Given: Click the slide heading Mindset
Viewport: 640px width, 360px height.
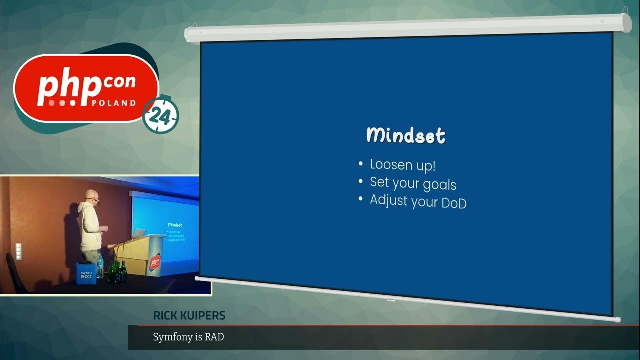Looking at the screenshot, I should pyautogui.click(x=406, y=135).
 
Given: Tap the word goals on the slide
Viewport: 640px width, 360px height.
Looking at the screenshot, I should pyautogui.click(x=439, y=184).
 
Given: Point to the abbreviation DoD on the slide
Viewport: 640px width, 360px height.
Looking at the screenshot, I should pyautogui.click(x=454, y=203).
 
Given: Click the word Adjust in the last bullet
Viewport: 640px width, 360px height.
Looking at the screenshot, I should pyautogui.click(x=388, y=200).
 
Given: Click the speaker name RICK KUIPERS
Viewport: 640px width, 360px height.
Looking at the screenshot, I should pyautogui.click(x=189, y=316).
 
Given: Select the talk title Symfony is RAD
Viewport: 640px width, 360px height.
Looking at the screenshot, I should pyautogui.click(x=188, y=337).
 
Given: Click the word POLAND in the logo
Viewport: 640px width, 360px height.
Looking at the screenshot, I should pyautogui.click(x=114, y=103).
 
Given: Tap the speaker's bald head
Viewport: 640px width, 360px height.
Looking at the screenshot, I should pyautogui.click(x=90, y=196).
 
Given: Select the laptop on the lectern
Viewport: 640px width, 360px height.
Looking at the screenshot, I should pyautogui.click(x=139, y=233).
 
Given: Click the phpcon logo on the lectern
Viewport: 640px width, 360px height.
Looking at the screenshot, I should pyautogui.click(x=155, y=261).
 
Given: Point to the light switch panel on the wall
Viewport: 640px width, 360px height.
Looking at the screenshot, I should pyautogui.click(x=18, y=251).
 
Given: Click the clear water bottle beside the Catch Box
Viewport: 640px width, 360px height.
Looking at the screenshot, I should pyautogui.click(x=100, y=267).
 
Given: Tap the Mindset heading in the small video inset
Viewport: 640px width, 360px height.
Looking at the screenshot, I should pyautogui.click(x=175, y=225).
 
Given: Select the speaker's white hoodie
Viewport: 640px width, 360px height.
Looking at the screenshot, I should pyautogui.click(x=91, y=225).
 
